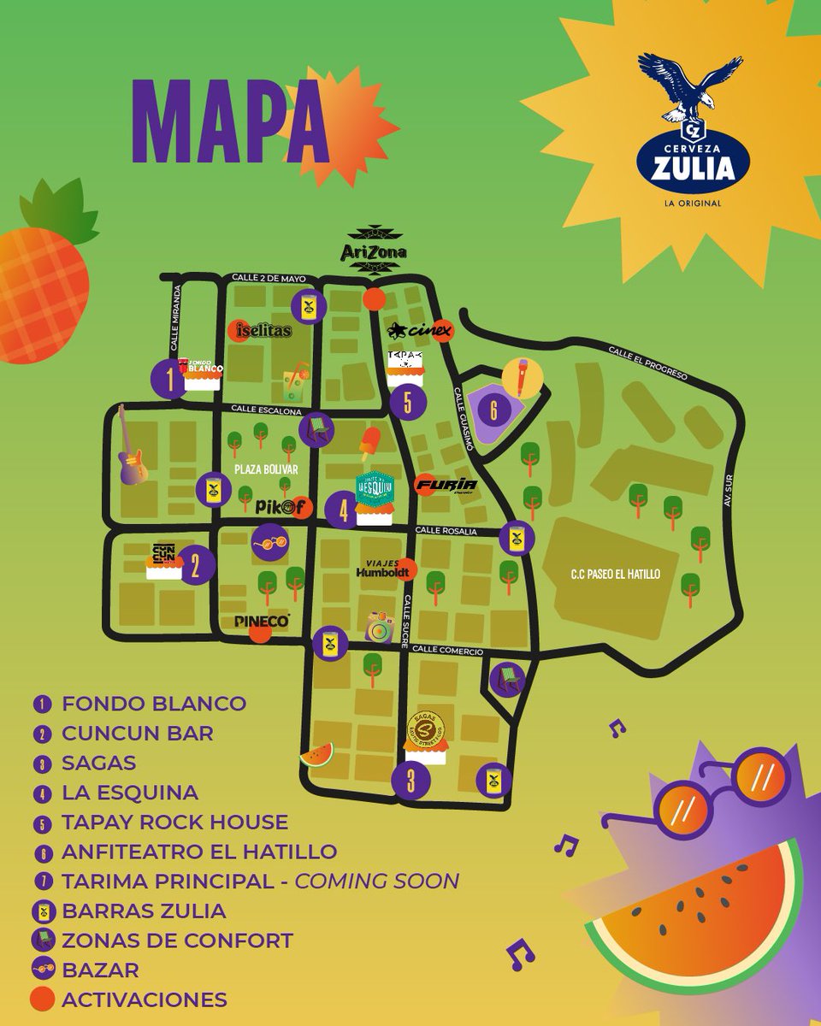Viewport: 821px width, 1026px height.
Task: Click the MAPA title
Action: click(229, 123)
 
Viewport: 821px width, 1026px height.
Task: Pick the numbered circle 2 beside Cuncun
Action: click(196, 564)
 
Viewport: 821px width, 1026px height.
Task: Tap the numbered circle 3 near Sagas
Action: click(411, 780)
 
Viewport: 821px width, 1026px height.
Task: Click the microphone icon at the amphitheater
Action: click(521, 378)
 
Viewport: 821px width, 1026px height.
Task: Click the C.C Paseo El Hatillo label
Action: click(617, 575)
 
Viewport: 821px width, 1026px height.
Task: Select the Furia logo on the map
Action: click(445, 486)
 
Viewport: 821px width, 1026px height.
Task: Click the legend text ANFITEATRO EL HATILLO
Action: click(198, 852)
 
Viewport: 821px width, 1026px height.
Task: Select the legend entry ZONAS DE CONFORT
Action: click(177, 940)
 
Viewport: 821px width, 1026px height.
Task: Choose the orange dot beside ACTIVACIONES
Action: click(42, 999)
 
